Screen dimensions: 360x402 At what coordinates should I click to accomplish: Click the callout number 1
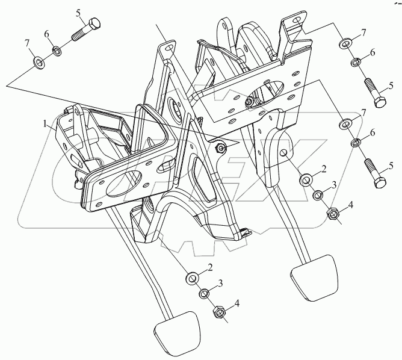(44, 123)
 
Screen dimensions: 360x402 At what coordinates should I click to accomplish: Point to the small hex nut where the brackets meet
(221, 148)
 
